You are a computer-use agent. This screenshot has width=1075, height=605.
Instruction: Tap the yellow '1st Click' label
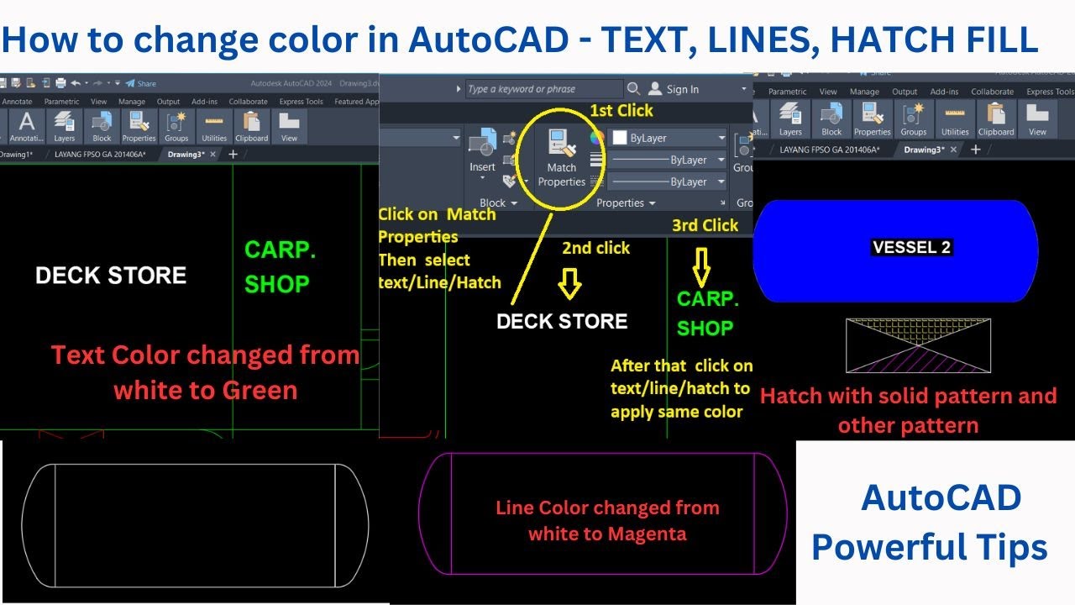pos(621,111)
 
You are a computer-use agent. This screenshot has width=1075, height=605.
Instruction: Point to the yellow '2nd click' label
pos(595,248)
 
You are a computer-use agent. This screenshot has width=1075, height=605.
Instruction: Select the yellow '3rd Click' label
pos(705,225)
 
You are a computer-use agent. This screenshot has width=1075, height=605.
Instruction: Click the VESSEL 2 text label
pos(911,248)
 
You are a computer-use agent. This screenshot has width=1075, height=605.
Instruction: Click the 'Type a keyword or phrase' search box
pos(543,89)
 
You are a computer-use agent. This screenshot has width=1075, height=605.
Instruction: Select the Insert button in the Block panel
pos(482,151)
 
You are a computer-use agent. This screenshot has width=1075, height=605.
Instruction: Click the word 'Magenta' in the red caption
pos(648,534)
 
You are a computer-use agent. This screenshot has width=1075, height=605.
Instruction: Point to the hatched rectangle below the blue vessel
pos(918,345)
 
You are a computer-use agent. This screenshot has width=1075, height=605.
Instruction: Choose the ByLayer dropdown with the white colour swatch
pos(669,138)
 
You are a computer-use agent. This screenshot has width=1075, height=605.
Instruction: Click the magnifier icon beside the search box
pos(633,89)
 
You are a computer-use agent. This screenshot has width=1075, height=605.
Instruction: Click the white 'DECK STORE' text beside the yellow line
pos(562,321)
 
